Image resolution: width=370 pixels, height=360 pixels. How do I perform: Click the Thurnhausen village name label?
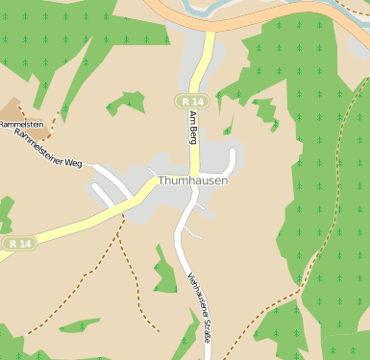pos(192,180)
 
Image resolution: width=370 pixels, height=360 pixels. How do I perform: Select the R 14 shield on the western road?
pos(16,244)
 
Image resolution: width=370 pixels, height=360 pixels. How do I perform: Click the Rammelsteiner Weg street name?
pos(48,151)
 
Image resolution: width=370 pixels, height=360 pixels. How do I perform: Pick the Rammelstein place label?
pos(22,125)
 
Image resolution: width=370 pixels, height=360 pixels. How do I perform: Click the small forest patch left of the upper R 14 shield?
pos(126,102)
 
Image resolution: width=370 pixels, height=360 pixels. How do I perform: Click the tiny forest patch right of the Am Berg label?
pos(229,128)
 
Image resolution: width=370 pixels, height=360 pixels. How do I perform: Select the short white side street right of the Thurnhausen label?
pos(232,161)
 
